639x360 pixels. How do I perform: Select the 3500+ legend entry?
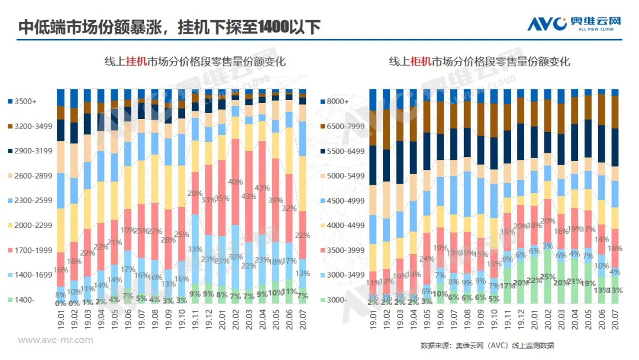[24, 101]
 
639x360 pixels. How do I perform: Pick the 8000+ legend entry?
[338, 101]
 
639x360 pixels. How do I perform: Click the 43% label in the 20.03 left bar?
[249, 196]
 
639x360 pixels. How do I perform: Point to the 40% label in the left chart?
[235, 182]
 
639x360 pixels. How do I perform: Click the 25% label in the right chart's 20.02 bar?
[547, 277]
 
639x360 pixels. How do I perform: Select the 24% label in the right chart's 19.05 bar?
[426, 259]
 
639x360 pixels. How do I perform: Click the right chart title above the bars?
[479, 62]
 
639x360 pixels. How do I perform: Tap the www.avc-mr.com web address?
[56, 340]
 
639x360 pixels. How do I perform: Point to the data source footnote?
[487, 345]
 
